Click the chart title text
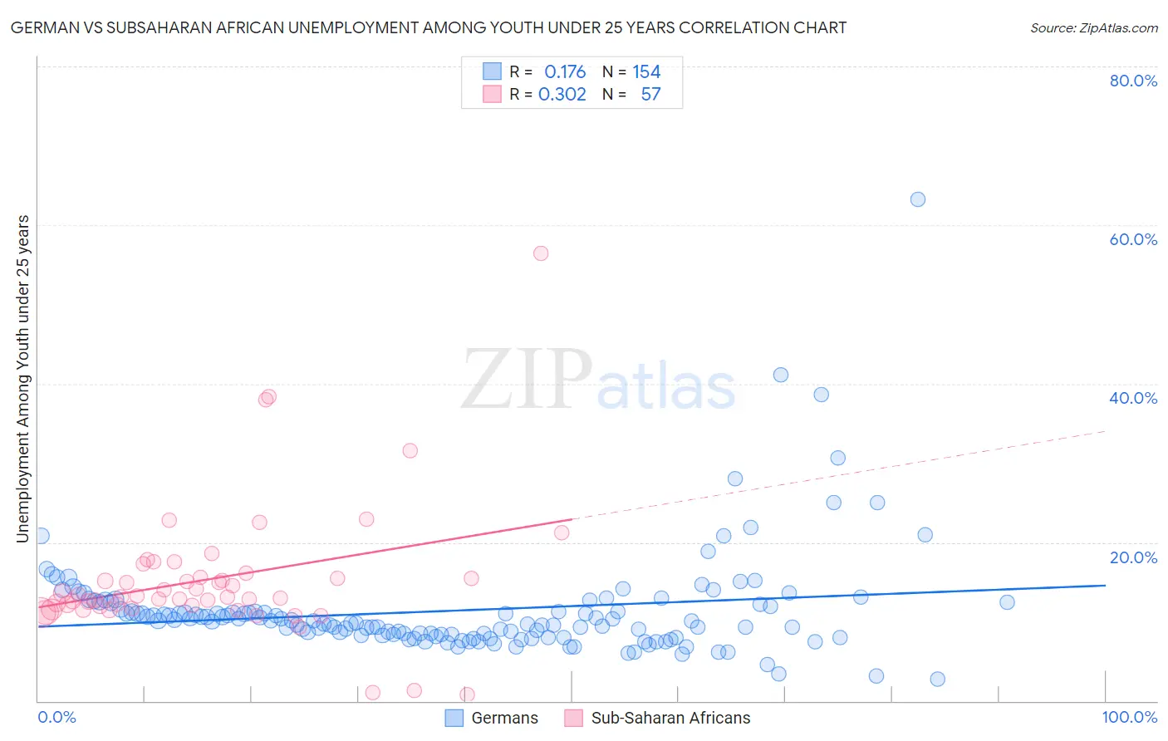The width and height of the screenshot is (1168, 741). (429, 27)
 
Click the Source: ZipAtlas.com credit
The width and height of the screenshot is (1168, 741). (1093, 27)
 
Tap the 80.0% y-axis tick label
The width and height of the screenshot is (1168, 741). (1133, 81)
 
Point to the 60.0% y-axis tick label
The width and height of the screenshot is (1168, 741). (1133, 239)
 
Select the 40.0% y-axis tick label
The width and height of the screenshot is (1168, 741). (1133, 398)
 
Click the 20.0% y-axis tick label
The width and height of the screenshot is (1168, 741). (1133, 557)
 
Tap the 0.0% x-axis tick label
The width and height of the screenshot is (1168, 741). (57, 717)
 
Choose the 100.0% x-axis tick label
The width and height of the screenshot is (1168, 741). (1130, 717)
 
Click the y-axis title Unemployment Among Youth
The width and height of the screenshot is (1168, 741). (22, 379)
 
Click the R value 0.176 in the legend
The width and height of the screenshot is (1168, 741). (565, 72)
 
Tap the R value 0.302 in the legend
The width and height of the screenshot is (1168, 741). (562, 95)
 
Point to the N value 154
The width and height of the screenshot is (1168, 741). (646, 72)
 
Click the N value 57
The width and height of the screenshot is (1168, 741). (650, 95)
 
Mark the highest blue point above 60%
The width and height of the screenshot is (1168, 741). (917, 199)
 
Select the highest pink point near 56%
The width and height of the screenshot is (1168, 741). (541, 253)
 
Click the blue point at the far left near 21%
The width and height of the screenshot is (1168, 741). (41, 536)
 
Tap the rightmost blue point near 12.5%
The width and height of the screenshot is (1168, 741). (1007, 602)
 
